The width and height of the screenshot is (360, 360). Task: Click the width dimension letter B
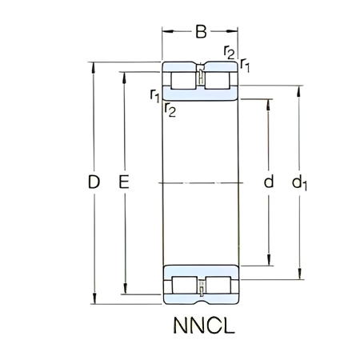[202, 32]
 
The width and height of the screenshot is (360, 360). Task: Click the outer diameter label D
[94, 183]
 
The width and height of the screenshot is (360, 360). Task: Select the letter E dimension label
[124, 183]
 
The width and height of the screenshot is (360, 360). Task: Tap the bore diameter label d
[268, 183]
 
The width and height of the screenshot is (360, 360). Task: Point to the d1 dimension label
[300, 184]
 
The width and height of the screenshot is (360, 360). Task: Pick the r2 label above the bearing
[230, 54]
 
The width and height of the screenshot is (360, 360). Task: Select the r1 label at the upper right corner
[245, 64]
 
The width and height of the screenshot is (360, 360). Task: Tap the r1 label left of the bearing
[154, 97]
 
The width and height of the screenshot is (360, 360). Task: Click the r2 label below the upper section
[170, 110]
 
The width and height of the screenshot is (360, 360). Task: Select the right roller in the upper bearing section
[219, 80]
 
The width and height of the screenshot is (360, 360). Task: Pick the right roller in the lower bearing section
[219, 286]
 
